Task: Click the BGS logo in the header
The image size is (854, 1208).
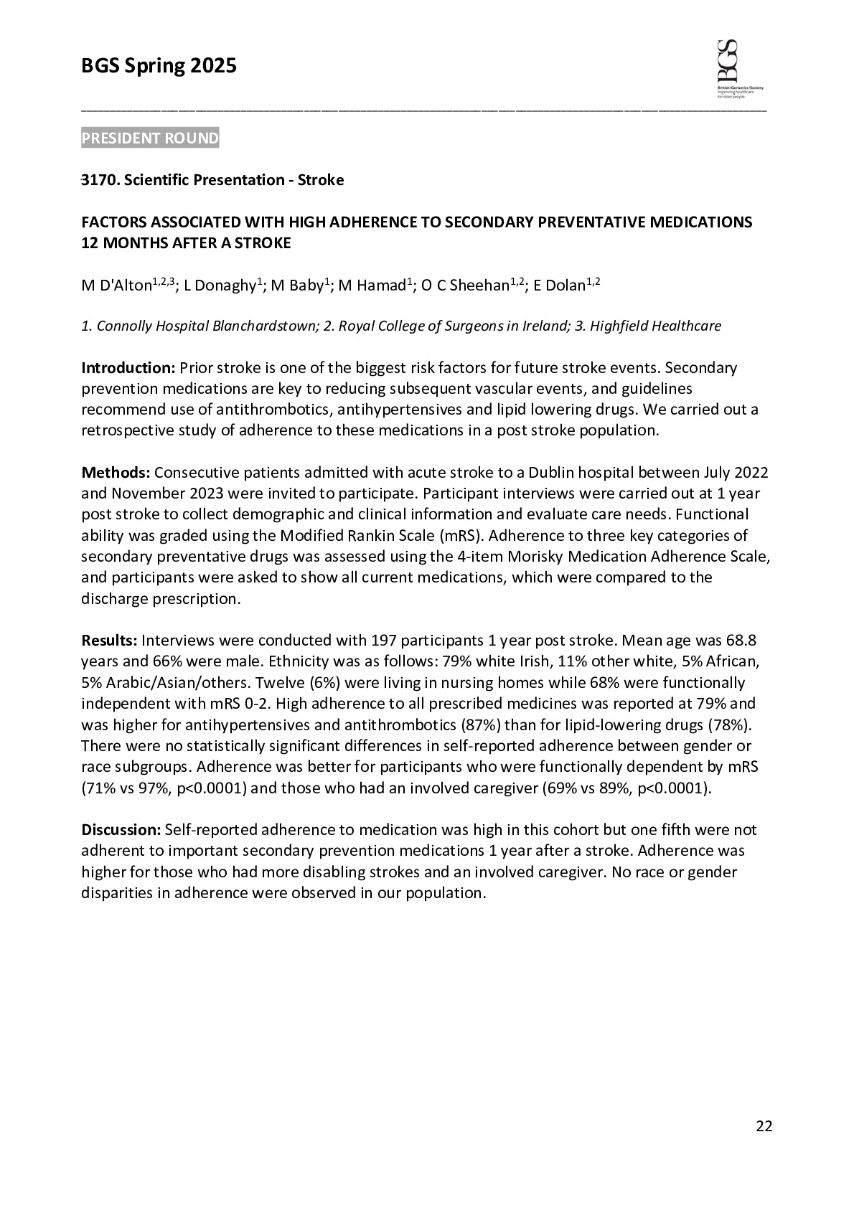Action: pyautogui.click(x=738, y=68)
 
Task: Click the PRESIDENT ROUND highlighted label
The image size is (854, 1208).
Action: pyautogui.click(x=150, y=138)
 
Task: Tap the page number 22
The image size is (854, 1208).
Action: pyautogui.click(x=764, y=1126)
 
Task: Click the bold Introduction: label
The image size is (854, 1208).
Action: pyautogui.click(x=128, y=368)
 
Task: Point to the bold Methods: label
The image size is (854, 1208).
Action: pyautogui.click(x=116, y=473)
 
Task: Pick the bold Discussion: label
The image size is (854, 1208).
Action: pyautogui.click(x=121, y=830)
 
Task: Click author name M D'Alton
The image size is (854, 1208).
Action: pyautogui.click(x=116, y=286)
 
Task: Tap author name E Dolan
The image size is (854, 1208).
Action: pyautogui.click(x=560, y=286)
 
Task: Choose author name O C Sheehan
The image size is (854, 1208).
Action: pyautogui.click(x=465, y=286)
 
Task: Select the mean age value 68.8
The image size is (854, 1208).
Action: pyautogui.click(x=742, y=640)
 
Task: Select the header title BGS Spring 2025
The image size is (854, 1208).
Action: pyautogui.click(x=159, y=67)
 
